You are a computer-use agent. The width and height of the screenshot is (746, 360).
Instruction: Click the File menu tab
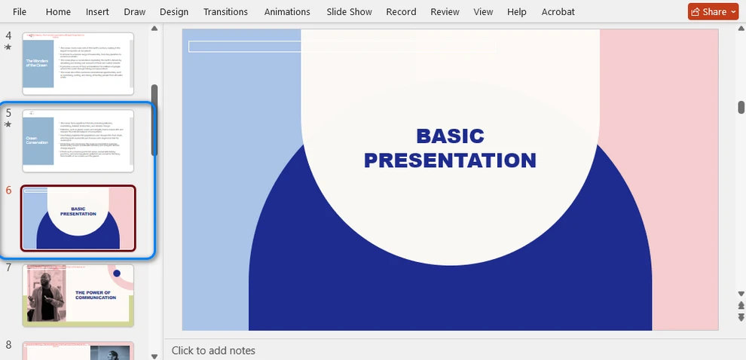tap(20, 12)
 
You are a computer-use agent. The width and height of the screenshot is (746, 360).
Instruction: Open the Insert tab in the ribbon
tap(97, 12)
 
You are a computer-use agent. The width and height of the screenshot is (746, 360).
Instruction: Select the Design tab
tap(174, 12)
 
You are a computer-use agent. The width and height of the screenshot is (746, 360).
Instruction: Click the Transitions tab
tap(225, 12)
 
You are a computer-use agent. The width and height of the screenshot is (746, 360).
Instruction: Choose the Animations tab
tap(287, 12)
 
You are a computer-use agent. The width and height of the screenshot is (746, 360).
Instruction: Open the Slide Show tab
tap(349, 12)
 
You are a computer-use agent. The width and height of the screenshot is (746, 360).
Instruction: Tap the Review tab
tap(445, 12)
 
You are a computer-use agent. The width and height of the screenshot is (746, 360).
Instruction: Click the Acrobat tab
tap(558, 12)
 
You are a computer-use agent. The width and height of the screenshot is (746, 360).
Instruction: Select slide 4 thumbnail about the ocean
tap(78, 64)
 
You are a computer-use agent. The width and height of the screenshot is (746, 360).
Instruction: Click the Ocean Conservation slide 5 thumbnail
tap(78, 141)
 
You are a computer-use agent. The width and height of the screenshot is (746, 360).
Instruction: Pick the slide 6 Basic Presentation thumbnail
tap(78, 218)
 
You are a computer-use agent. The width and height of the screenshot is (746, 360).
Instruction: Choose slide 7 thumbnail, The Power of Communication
tap(78, 295)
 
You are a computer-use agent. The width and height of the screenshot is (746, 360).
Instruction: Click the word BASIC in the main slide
tap(450, 136)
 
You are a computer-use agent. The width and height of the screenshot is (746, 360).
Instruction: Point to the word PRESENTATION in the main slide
tap(450, 160)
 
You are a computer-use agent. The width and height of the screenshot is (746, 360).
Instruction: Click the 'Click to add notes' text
tap(213, 350)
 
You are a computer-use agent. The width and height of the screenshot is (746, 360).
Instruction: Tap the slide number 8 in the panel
tap(9, 345)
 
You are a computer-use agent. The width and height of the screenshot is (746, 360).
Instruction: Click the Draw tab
tap(135, 12)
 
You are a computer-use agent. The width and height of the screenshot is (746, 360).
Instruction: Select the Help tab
tap(517, 12)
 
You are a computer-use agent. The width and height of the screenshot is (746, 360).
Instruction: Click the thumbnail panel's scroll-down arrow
tap(154, 355)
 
